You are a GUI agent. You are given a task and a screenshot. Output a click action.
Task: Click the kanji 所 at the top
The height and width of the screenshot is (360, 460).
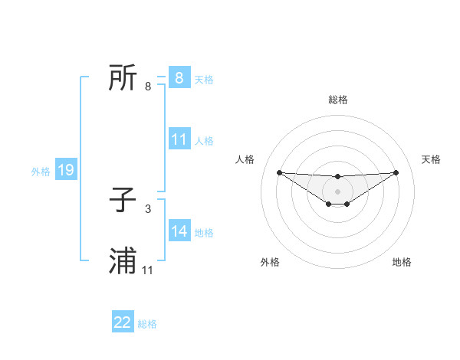pos(123,77)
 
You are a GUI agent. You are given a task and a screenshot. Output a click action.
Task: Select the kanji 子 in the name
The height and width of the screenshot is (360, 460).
pos(123,201)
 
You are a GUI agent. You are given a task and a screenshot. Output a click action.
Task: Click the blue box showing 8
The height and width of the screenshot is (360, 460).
pos(179,78)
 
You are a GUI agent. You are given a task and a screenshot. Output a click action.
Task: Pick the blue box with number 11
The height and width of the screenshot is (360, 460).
pos(179,139)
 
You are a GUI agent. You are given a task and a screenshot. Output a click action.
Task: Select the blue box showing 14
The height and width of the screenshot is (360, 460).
pos(179,231)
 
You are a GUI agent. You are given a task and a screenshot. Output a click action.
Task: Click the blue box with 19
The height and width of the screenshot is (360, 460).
pos(66,170)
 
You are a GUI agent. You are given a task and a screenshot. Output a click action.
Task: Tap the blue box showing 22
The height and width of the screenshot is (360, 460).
pos(123,322)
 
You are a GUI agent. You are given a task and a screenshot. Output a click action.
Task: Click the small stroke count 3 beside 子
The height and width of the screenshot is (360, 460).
pos(148,208)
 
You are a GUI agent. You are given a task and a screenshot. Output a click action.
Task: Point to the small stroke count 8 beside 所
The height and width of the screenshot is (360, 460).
pos(148,86)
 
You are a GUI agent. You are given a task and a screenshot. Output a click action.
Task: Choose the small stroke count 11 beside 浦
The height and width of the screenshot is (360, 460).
pos(148,270)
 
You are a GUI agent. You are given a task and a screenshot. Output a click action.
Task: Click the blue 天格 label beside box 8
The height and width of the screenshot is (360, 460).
pos(204,79)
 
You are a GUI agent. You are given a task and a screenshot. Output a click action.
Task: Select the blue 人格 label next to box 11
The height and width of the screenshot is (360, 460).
pos(204,141)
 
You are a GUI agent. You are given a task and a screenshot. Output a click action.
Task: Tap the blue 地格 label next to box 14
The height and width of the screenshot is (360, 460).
pos(204,233)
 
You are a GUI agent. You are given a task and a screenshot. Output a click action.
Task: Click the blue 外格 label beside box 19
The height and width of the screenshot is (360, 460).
pos(41,172)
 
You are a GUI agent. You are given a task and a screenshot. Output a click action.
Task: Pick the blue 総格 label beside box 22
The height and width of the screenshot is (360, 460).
pos(147,324)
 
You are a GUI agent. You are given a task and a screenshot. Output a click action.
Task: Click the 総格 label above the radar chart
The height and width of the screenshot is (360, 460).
pos(337,100)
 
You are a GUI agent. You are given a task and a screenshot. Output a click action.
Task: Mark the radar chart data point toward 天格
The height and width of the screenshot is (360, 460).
pos(396,172)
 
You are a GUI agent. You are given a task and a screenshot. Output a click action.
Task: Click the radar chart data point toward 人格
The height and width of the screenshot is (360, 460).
pos(279,172)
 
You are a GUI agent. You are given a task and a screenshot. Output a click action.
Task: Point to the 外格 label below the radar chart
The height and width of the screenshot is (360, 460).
pos(270,263)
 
